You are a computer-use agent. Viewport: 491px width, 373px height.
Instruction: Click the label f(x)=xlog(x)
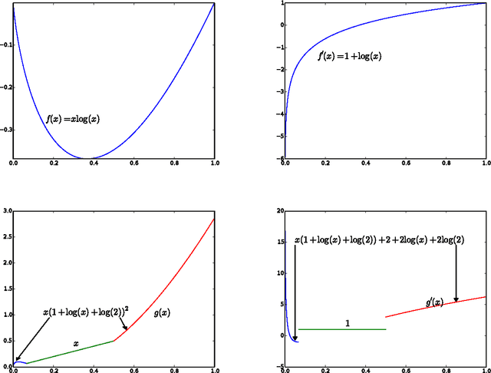coord(74,120)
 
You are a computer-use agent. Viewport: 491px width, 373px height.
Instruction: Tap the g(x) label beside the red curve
coord(163,312)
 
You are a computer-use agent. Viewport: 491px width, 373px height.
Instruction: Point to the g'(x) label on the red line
coord(434,302)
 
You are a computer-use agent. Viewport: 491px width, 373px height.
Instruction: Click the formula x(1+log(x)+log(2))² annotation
coord(85,313)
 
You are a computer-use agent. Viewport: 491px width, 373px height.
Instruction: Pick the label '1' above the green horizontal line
coord(347,322)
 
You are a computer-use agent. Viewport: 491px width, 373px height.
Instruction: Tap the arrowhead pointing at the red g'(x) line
coord(456,299)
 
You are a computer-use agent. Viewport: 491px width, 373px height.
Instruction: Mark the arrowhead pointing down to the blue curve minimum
coord(295,338)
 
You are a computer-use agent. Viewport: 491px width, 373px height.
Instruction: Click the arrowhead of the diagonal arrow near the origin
coord(17,358)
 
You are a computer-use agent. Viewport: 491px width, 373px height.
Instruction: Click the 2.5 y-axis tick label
coord(6,236)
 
